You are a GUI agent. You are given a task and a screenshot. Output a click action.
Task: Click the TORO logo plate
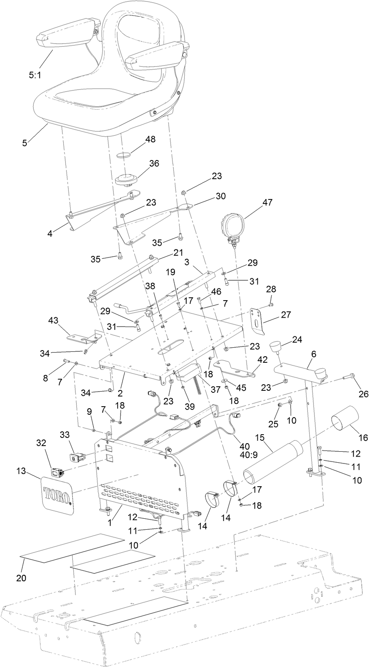58,495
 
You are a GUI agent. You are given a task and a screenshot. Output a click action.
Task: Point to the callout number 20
21,577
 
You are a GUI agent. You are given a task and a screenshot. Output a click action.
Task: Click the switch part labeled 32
56,472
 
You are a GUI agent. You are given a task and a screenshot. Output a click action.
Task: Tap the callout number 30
220,196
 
